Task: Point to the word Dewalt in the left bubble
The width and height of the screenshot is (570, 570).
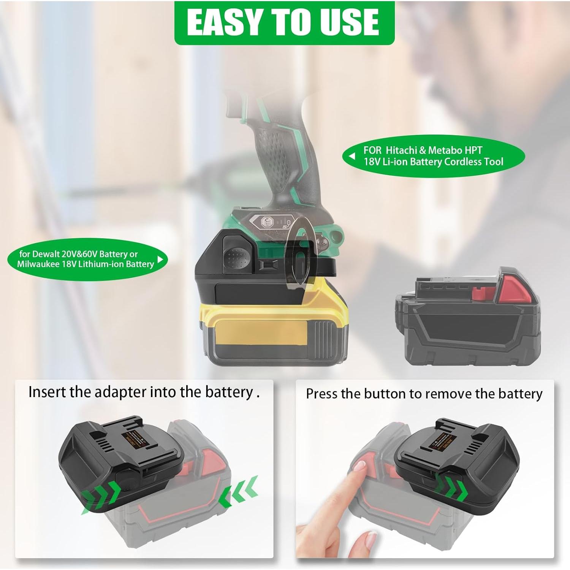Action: [x=46, y=254]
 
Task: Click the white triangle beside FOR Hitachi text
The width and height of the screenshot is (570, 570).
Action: [x=352, y=156]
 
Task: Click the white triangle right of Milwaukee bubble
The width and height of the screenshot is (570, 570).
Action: [x=160, y=259]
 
